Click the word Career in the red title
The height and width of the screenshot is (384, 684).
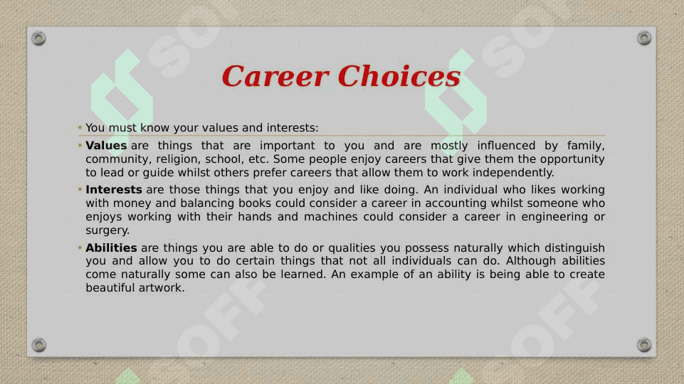click(x=275, y=76)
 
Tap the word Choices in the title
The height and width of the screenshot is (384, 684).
click(x=399, y=76)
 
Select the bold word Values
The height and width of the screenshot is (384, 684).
click(x=106, y=145)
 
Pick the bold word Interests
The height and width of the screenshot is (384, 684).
click(x=114, y=190)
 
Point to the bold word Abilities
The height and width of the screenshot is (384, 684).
click(x=111, y=247)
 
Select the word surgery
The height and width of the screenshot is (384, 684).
click(x=107, y=230)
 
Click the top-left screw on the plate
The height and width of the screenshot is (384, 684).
click(x=38, y=38)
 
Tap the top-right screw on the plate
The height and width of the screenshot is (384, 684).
click(x=644, y=38)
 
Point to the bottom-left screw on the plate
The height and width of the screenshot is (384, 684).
click(x=38, y=345)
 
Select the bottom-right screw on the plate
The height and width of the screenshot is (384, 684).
click(x=644, y=345)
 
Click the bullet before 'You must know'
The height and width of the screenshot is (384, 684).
click(x=80, y=127)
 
